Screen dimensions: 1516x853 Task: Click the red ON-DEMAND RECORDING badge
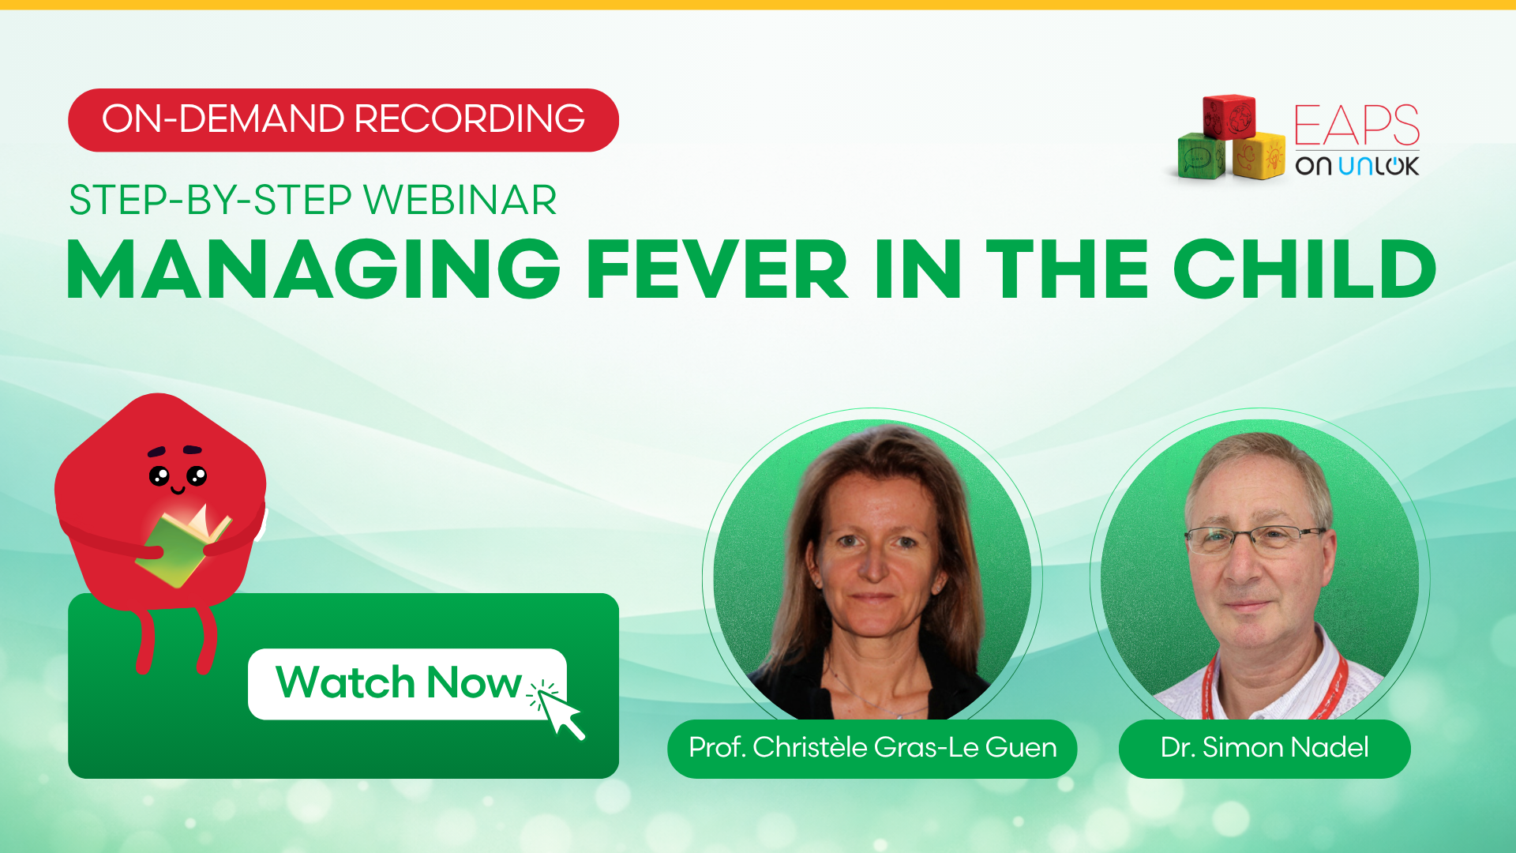pyautogui.click(x=343, y=120)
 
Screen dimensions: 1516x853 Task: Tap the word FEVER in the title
pyautogui.click(x=717, y=269)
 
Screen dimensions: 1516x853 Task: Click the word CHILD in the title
pyautogui.click(x=1304, y=269)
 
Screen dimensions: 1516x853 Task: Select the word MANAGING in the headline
pyautogui.click(x=313, y=269)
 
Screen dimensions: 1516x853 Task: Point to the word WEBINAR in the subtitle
pyautogui.click(x=460, y=200)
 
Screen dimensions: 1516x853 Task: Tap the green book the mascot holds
pyautogui.click(x=183, y=547)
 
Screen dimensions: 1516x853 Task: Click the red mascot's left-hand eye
pyautogui.click(x=159, y=476)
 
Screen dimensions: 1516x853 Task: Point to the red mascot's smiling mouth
pyautogui.click(x=178, y=490)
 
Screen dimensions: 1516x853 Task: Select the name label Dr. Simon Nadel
pyautogui.click(x=1264, y=748)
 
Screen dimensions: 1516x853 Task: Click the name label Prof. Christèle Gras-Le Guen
pyautogui.click(x=872, y=748)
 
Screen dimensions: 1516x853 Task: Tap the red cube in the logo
pyautogui.click(x=1229, y=116)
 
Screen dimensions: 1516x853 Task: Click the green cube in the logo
pyautogui.click(x=1201, y=156)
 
